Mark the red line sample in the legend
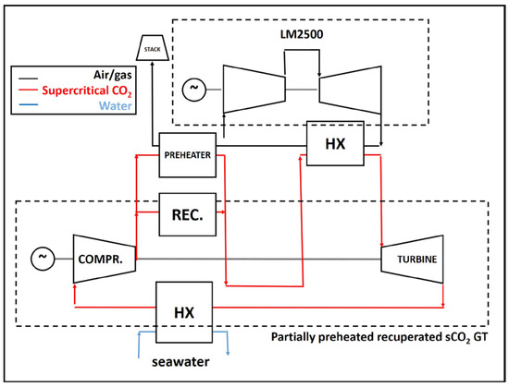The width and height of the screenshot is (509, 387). [29, 91]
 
